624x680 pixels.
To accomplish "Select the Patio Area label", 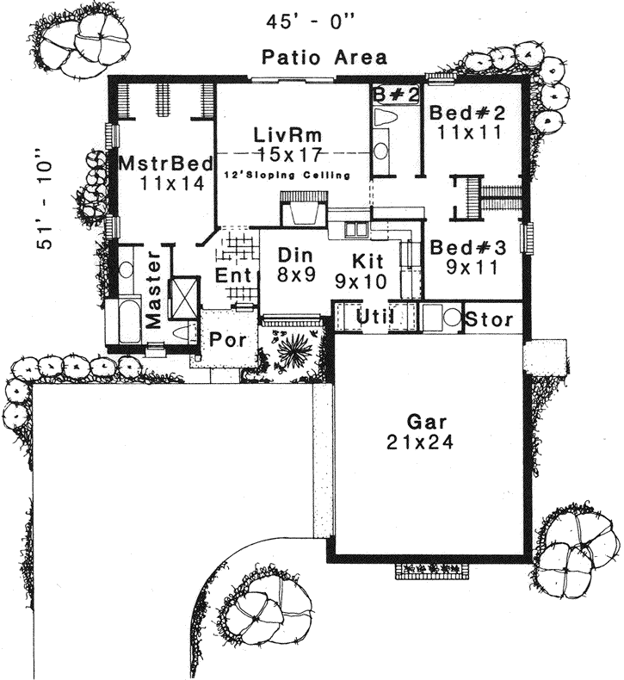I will [x=324, y=58].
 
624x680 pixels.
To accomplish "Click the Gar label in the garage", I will [x=419, y=422].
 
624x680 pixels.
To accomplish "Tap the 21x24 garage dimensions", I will [x=419, y=442].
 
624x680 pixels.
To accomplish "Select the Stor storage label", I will [x=489, y=319].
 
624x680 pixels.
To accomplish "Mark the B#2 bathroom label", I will [x=395, y=94].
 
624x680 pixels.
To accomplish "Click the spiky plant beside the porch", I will [x=293, y=349].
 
